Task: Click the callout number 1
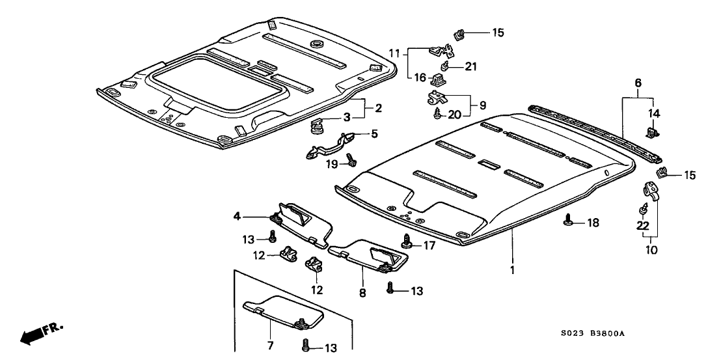(512, 270)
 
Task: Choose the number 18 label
(591, 223)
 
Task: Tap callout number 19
(331, 165)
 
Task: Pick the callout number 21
(470, 66)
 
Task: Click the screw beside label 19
(351, 157)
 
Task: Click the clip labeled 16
(438, 79)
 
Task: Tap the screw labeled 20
(438, 114)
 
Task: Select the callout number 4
(238, 216)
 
